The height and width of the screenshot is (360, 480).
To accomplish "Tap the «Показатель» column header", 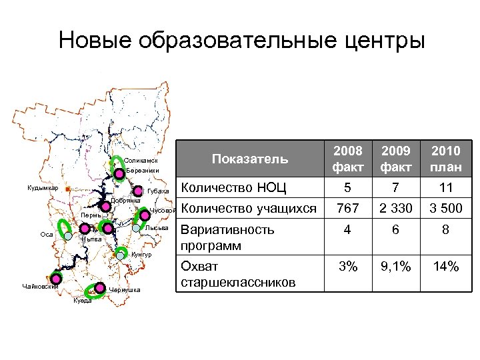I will coord(249,159).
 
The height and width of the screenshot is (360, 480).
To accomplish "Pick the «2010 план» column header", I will coord(445,159).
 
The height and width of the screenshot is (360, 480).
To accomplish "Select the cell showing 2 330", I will coord(396,209).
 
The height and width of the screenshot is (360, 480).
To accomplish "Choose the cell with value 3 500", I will coord(445,209).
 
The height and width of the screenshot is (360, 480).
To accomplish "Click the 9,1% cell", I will coord(396,267).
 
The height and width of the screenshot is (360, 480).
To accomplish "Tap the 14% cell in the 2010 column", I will coord(445,267).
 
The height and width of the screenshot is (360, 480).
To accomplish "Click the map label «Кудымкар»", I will coord(43,187).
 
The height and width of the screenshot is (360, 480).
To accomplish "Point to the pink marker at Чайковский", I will coord(56,278).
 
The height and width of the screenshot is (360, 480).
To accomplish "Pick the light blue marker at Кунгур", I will coord(121,253).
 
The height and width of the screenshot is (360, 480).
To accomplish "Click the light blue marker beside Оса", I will coord(68,235).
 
